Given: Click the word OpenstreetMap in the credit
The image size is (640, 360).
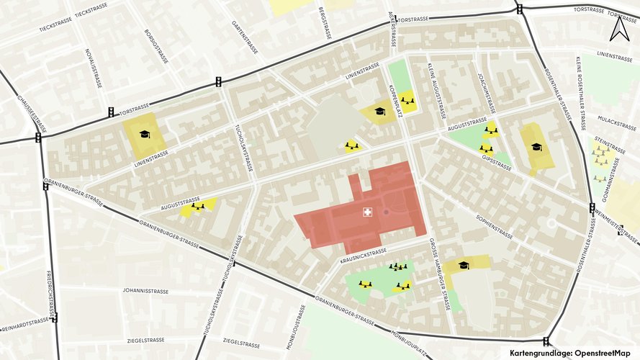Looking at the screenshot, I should click(x=603, y=353).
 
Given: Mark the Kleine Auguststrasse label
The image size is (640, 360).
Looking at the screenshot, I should click(x=436, y=91).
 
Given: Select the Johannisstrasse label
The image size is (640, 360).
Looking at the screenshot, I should click(x=145, y=292).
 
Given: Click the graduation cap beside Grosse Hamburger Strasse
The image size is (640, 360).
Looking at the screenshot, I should click(x=464, y=266).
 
